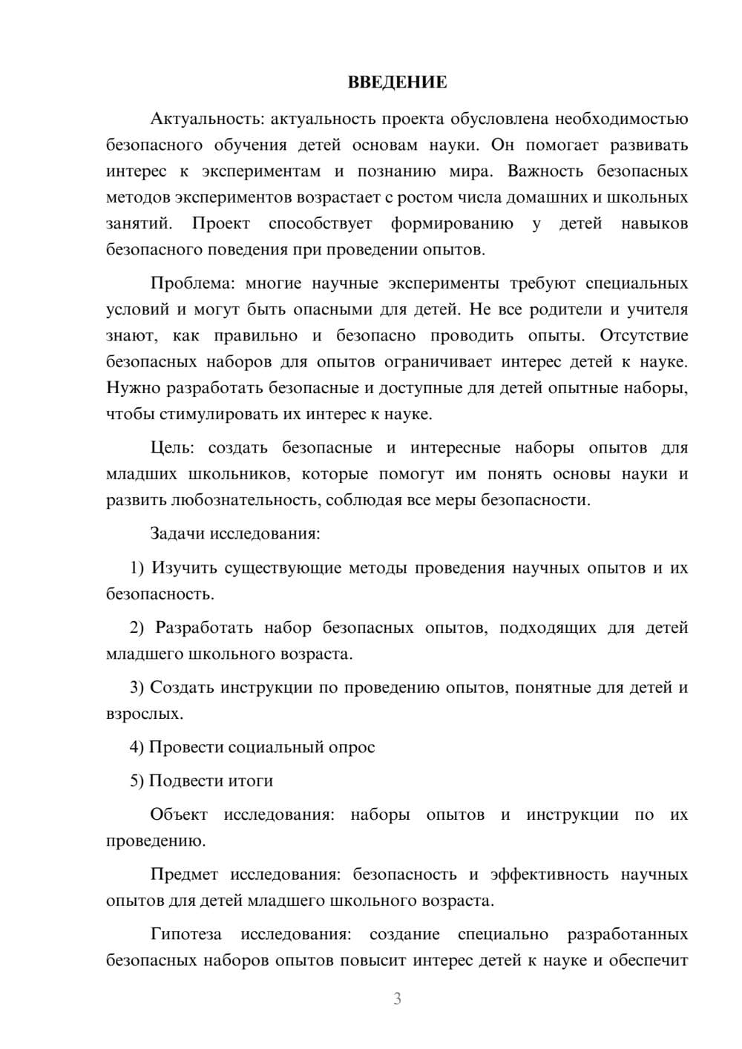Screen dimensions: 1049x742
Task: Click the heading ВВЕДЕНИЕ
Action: (x=397, y=82)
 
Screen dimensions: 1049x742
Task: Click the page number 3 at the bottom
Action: (x=397, y=999)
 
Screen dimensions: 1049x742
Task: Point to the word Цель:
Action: (x=172, y=448)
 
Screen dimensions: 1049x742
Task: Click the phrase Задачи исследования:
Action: (x=234, y=533)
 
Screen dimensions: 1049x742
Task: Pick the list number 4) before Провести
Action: (x=137, y=747)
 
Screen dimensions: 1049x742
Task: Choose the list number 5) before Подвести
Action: (x=137, y=781)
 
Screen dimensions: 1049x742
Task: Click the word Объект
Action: (x=179, y=815)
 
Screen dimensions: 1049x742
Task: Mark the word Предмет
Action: (x=183, y=875)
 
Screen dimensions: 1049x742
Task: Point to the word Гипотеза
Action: (x=187, y=934)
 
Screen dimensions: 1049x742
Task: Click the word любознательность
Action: (x=246, y=500)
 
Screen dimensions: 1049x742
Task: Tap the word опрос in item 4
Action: (x=352, y=748)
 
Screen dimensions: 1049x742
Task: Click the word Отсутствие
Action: (x=644, y=336)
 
